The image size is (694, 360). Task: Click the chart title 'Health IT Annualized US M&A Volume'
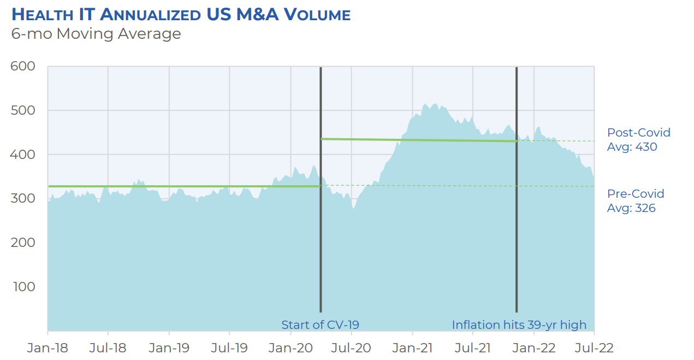181,14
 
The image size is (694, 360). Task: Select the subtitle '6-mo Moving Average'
96,34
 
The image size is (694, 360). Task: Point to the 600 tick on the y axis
23,67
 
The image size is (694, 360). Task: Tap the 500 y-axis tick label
23,110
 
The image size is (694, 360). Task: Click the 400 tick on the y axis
23,155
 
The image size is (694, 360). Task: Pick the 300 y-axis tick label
23,198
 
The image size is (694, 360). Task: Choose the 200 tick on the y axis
23,243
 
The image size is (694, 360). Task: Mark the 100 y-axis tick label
23,286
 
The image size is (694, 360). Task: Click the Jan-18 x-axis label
48,348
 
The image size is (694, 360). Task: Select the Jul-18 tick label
108,348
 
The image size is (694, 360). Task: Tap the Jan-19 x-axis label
169,348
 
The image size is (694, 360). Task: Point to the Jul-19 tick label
229,348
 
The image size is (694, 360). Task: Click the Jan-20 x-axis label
290,348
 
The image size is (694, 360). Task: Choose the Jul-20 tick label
351,348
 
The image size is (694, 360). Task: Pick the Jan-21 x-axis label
412,348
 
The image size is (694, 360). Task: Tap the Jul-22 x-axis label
594,348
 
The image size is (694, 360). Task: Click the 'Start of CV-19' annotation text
320,325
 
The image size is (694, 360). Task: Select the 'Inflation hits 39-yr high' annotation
519,325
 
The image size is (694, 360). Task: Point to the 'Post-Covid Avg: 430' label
638,140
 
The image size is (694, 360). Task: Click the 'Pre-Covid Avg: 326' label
636,201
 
